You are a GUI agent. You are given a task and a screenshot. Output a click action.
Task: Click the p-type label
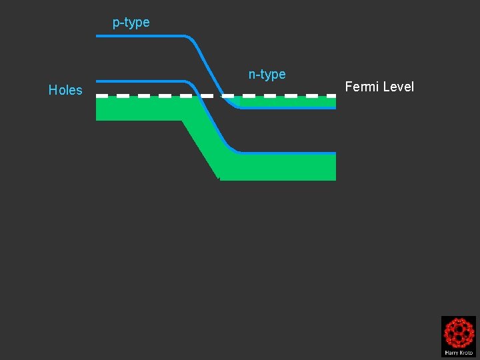click(x=131, y=23)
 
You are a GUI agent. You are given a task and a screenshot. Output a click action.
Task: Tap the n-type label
click(x=267, y=74)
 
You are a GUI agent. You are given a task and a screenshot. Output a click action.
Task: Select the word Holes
click(x=65, y=90)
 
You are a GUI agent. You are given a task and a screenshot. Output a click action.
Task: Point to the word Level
click(x=399, y=87)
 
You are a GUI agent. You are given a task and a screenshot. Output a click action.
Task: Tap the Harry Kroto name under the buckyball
click(x=459, y=352)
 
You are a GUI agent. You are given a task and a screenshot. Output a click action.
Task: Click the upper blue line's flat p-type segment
click(x=140, y=36)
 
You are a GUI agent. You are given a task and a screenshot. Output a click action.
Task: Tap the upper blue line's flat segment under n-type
click(x=287, y=108)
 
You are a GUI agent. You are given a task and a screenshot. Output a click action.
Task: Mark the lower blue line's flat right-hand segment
click(x=287, y=153)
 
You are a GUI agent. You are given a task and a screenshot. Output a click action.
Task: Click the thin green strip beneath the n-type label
click(x=287, y=102)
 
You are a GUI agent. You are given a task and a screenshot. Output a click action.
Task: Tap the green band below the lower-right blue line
click(x=280, y=167)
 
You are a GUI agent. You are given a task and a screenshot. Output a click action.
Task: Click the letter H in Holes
click(x=53, y=90)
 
